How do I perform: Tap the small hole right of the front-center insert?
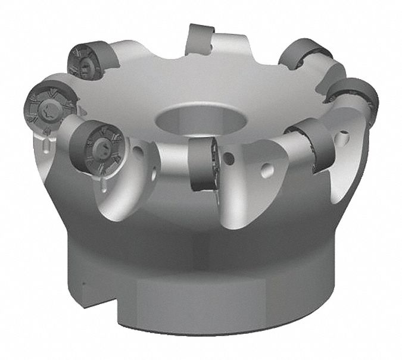tap(229, 159)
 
